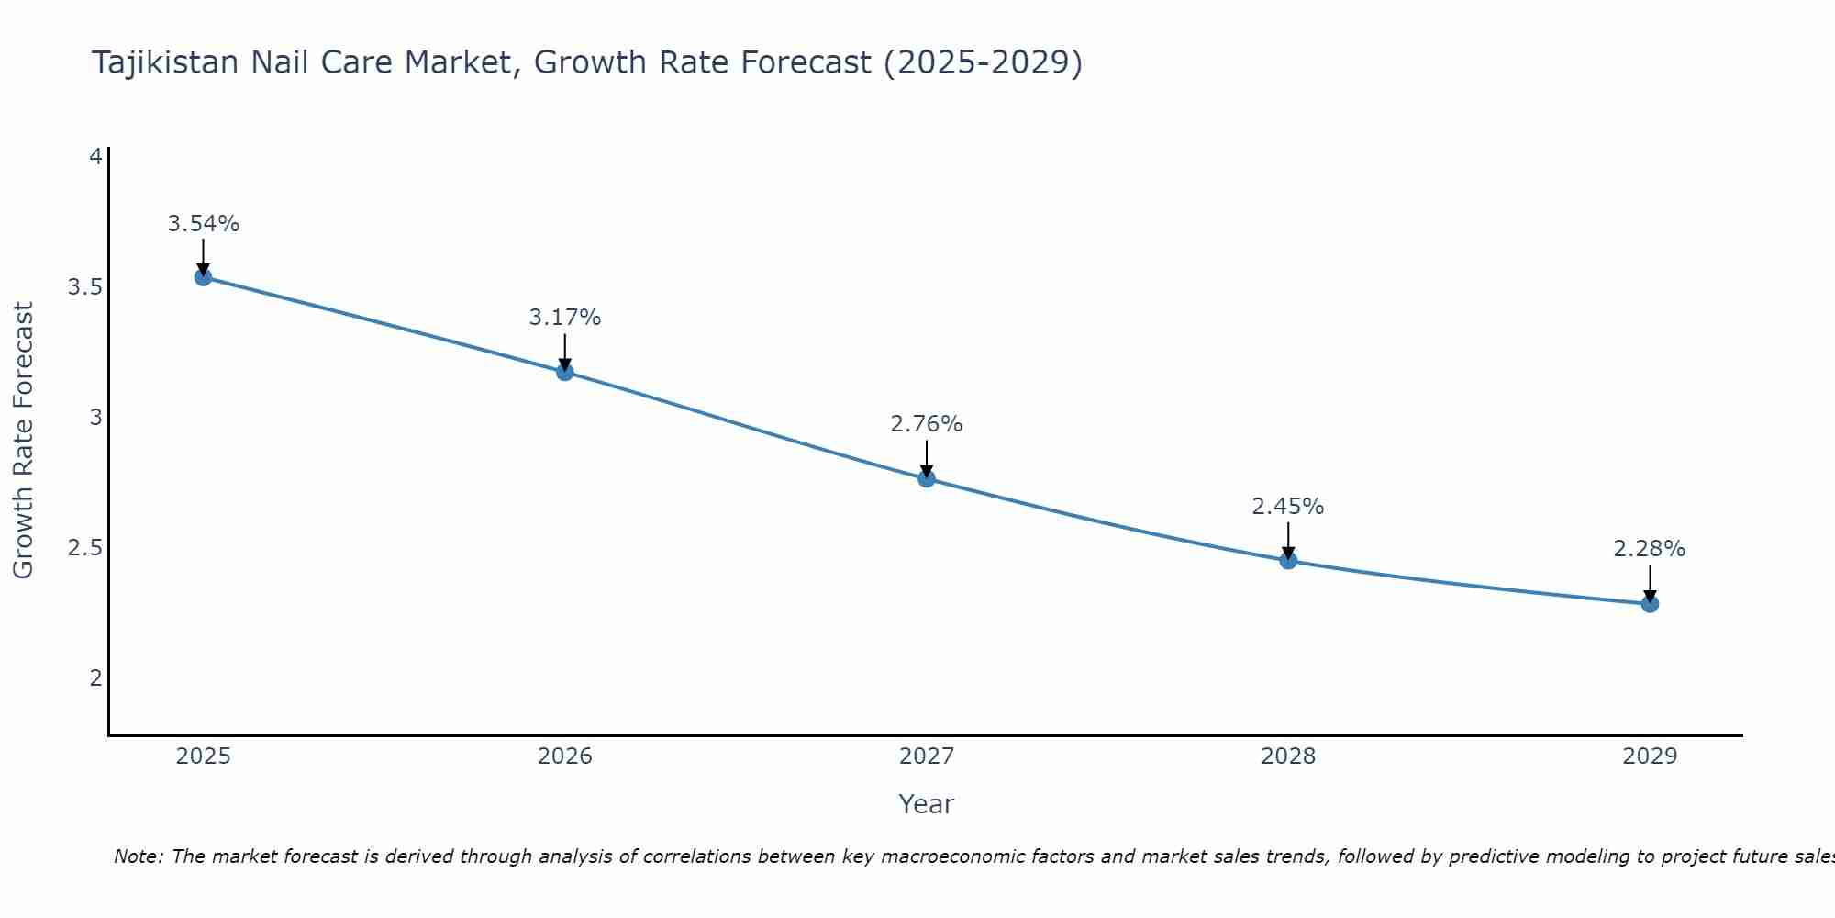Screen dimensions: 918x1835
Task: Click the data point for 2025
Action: pos(203,277)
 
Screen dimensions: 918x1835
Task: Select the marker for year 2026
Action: pos(564,372)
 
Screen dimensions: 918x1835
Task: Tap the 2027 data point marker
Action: pos(926,478)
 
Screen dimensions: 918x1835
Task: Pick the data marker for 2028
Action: pos(1287,560)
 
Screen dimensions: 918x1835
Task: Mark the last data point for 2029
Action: pos(1649,604)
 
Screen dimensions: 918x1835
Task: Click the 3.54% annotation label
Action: pos(203,224)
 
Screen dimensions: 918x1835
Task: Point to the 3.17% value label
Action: pos(564,318)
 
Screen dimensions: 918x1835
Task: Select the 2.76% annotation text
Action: pos(926,424)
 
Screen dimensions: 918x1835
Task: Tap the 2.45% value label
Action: pos(1287,507)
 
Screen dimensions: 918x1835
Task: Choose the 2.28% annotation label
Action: pos(1649,549)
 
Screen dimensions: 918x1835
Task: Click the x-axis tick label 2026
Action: pos(564,756)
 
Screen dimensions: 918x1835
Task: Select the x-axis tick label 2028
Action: pos(1287,756)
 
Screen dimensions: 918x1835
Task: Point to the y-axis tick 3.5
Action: pos(84,287)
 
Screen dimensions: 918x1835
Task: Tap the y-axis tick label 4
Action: pos(95,157)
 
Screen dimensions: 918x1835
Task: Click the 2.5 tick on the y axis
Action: pos(84,548)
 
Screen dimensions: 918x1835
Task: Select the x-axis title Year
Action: pos(926,804)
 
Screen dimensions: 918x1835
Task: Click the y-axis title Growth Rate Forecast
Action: pos(24,441)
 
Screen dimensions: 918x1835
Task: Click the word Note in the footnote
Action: pos(137,856)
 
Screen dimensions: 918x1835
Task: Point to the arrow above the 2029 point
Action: pos(1649,584)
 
